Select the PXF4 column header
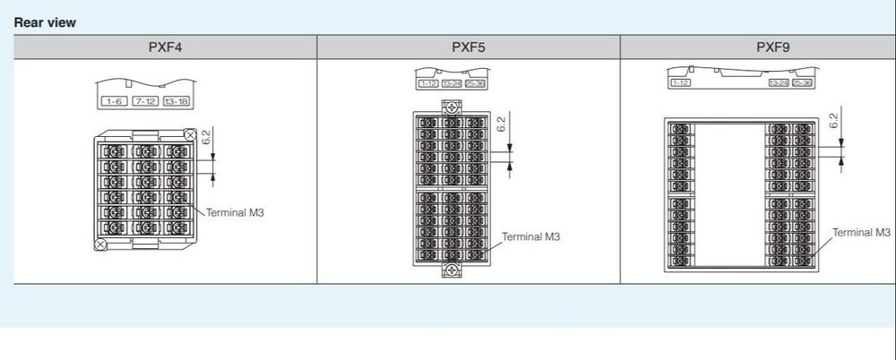point(166,47)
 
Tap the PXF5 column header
point(469,47)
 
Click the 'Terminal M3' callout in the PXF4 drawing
point(236,213)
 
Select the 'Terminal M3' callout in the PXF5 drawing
point(530,236)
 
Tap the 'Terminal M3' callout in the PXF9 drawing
point(862,232)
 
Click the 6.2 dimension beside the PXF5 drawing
point(501,124)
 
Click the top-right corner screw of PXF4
point(190,135)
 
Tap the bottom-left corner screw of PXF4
point(101,244)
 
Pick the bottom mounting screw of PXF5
point(452,271)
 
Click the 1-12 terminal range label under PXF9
point(680,83)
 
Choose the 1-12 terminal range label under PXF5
point(427,83)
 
